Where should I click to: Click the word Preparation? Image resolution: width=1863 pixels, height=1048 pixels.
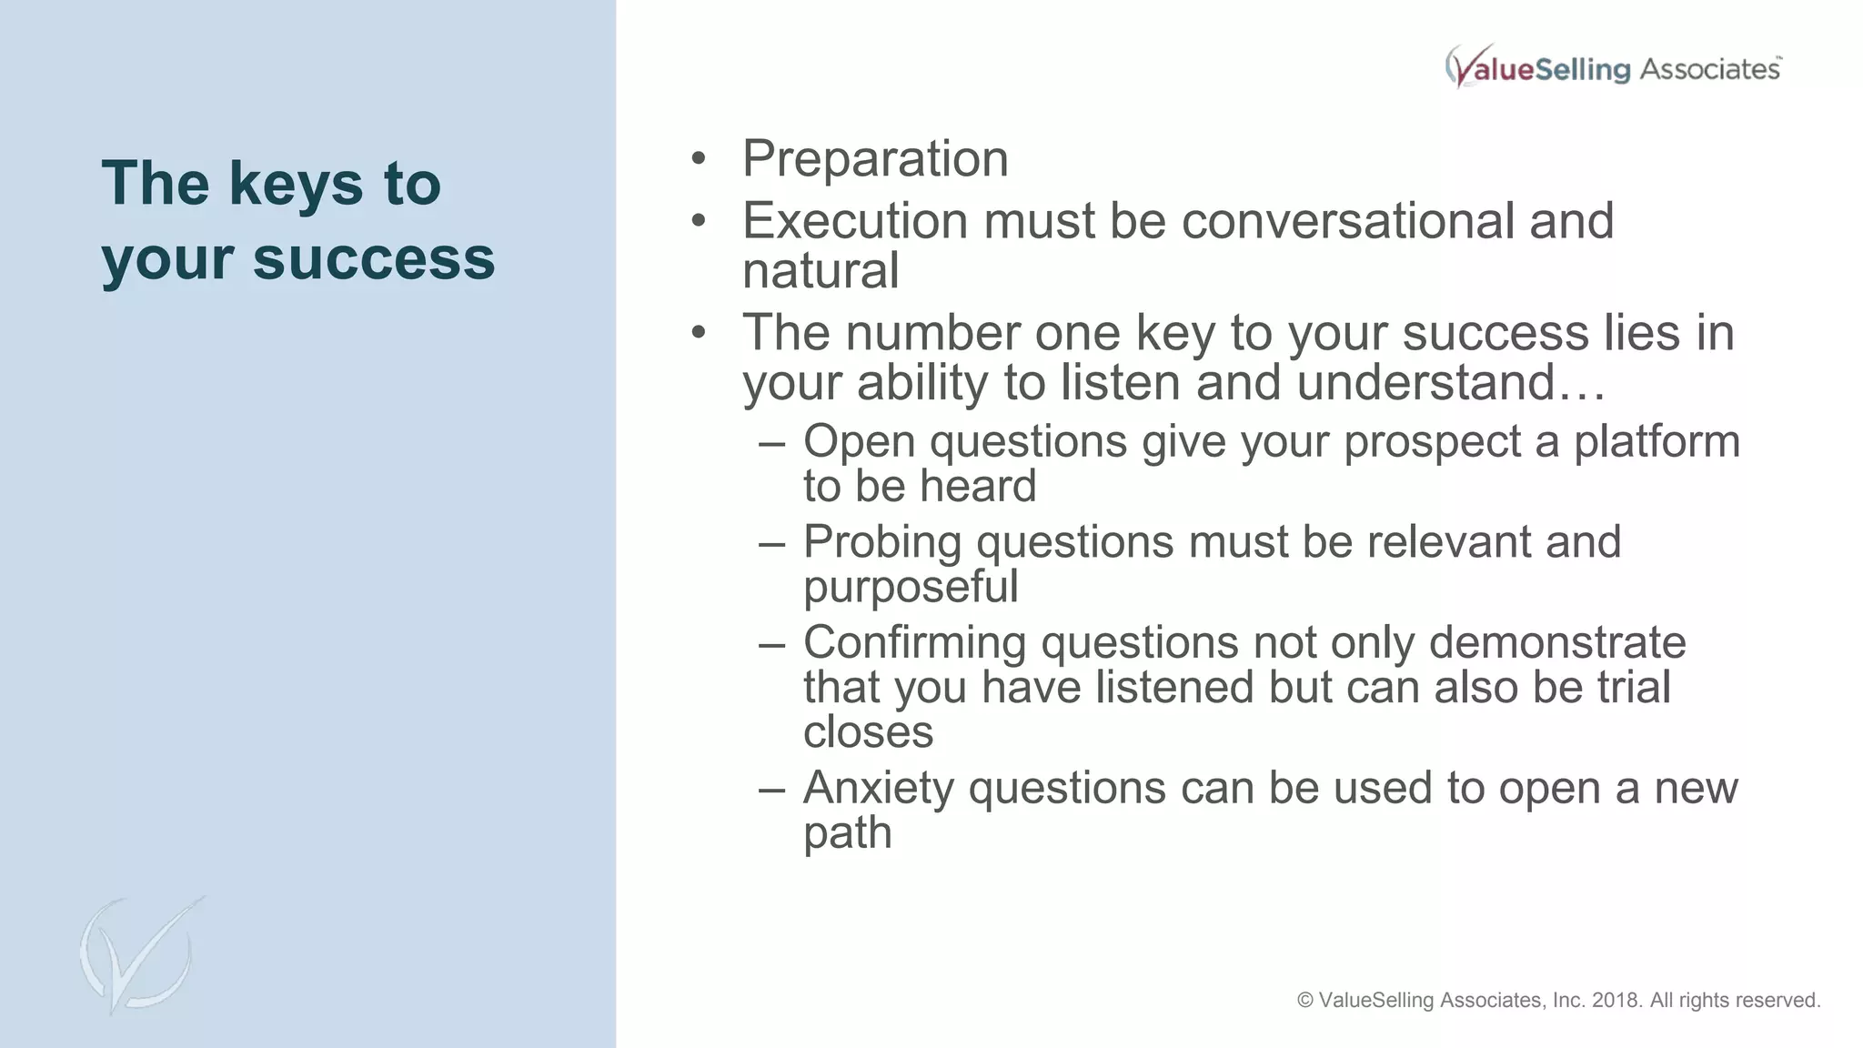coord(875,159)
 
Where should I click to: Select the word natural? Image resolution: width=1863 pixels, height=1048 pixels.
coord(821,271)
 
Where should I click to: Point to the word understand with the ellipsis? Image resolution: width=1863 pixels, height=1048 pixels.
coord(1451,382)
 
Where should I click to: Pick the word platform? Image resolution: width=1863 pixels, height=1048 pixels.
coord(1657,442)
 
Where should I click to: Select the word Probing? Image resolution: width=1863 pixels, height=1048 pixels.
coord(882,542)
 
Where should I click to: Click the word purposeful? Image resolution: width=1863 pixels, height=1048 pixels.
coord(911,588)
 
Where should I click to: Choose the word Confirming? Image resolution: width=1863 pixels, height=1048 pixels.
coord(914,642)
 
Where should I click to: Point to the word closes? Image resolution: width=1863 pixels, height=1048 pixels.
coord(868,732)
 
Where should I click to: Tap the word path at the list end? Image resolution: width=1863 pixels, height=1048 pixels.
coord(847,833)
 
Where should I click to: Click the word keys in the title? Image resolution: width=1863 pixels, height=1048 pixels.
coord(297,185)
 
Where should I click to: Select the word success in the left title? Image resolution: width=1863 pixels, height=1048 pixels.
coord(374,258)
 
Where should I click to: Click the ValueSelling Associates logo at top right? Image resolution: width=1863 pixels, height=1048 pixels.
coord(1613,67)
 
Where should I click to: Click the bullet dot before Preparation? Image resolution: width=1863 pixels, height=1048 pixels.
coord(698,159)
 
